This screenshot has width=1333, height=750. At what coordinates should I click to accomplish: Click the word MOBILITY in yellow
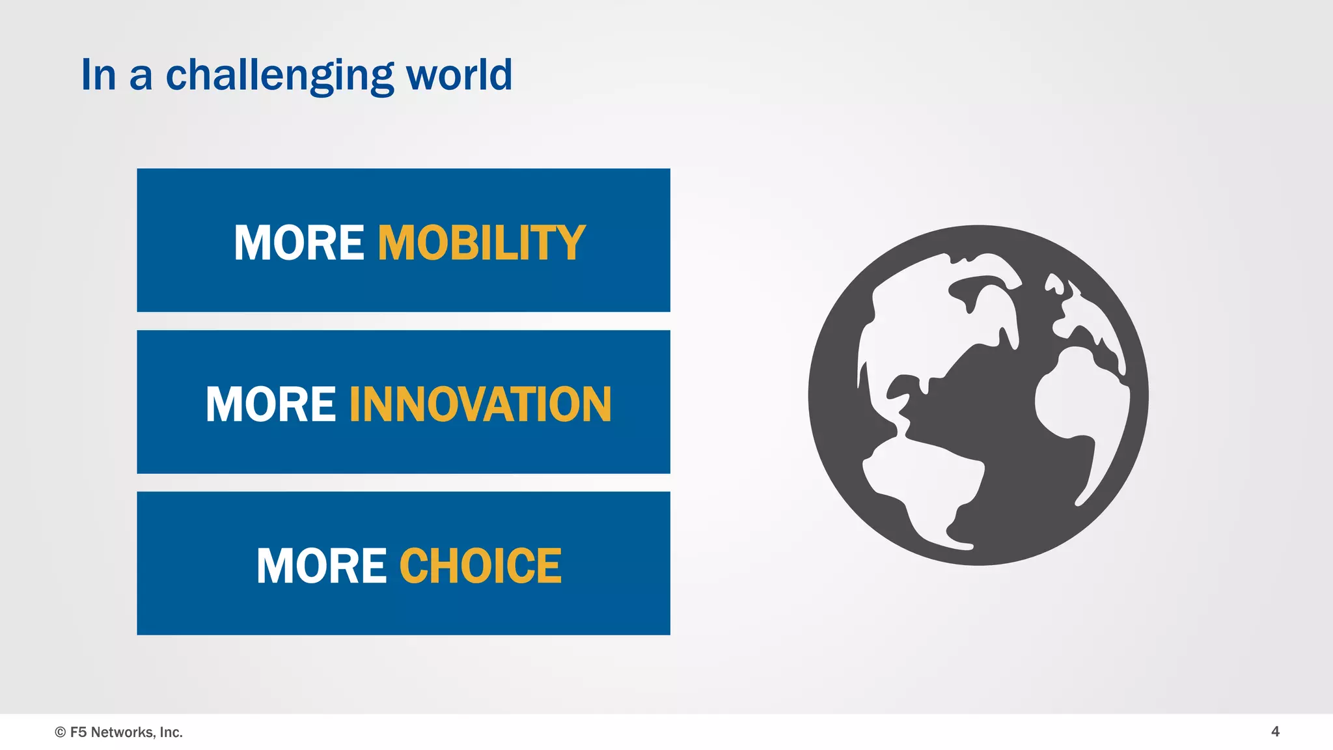click(482, 243)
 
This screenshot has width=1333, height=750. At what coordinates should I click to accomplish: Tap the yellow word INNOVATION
click(480, 404)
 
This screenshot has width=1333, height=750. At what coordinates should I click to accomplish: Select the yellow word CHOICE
click(480, 566)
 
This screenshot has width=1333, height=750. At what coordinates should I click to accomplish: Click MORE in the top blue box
click(299, 243)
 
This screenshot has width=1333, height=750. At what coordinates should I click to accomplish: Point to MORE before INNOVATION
click(271, 404)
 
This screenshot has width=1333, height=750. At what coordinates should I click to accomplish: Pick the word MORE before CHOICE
click(322, 566)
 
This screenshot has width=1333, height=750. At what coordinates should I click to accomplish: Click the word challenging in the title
click(280, 76)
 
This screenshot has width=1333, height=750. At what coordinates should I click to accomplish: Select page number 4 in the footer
click(1275, 731)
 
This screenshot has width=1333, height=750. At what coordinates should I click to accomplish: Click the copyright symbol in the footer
click(61, 732)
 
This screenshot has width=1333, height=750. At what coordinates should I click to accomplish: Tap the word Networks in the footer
click(122, 732)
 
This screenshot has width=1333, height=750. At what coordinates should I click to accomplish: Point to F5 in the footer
click(78, 732)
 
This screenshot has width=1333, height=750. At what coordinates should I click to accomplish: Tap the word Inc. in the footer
click(171, 732)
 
